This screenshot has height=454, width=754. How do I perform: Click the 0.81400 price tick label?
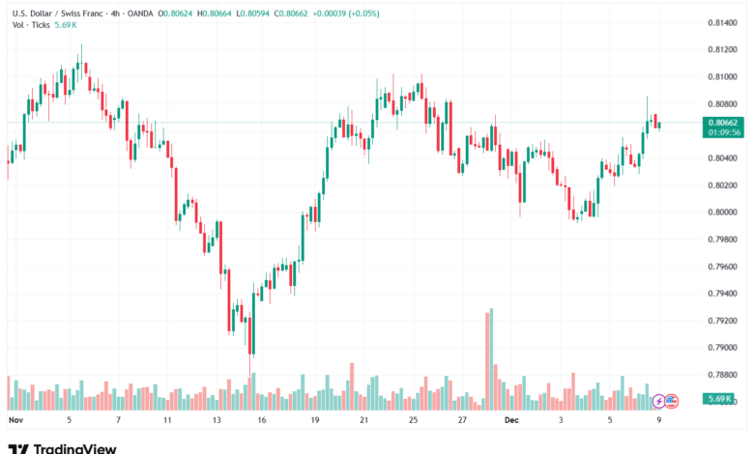coord(724,22)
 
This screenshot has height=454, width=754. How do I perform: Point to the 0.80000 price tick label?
coord(724,212)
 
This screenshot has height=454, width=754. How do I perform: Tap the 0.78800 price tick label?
coord(724,375)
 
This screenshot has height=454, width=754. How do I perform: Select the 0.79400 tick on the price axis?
coord(724,294)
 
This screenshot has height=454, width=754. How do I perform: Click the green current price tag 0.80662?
coord(724,123)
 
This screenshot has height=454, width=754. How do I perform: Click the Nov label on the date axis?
coord(14,421)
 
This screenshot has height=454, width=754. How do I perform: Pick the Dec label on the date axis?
coord(512,421)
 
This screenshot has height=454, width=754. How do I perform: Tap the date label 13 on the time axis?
coord(217,421)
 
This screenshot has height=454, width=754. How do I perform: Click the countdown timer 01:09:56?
coord(724,132)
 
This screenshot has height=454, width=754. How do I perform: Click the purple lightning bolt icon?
coord(659,399)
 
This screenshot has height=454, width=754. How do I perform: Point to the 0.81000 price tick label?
coord(724,76)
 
